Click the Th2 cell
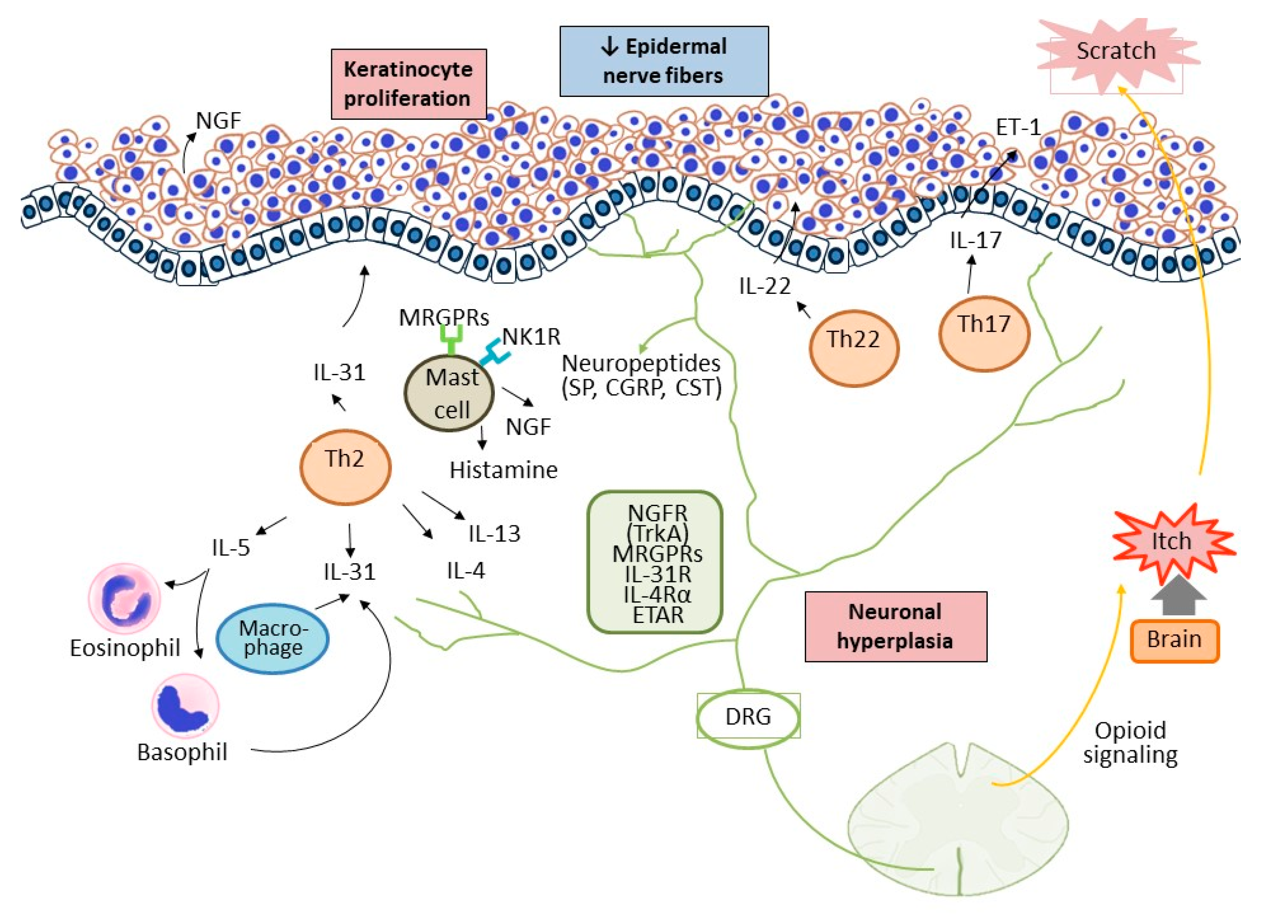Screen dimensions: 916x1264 345,467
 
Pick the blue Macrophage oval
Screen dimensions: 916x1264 272,639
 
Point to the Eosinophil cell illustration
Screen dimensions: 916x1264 124,599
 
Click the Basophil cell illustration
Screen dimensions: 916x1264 185,705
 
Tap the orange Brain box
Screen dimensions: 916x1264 1174,641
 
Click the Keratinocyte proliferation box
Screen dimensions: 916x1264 408,84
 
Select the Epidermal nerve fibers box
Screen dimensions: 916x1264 664,61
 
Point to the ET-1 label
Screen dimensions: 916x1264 1018,128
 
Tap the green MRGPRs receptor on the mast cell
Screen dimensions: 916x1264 451,338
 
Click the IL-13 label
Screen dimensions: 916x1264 494,534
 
